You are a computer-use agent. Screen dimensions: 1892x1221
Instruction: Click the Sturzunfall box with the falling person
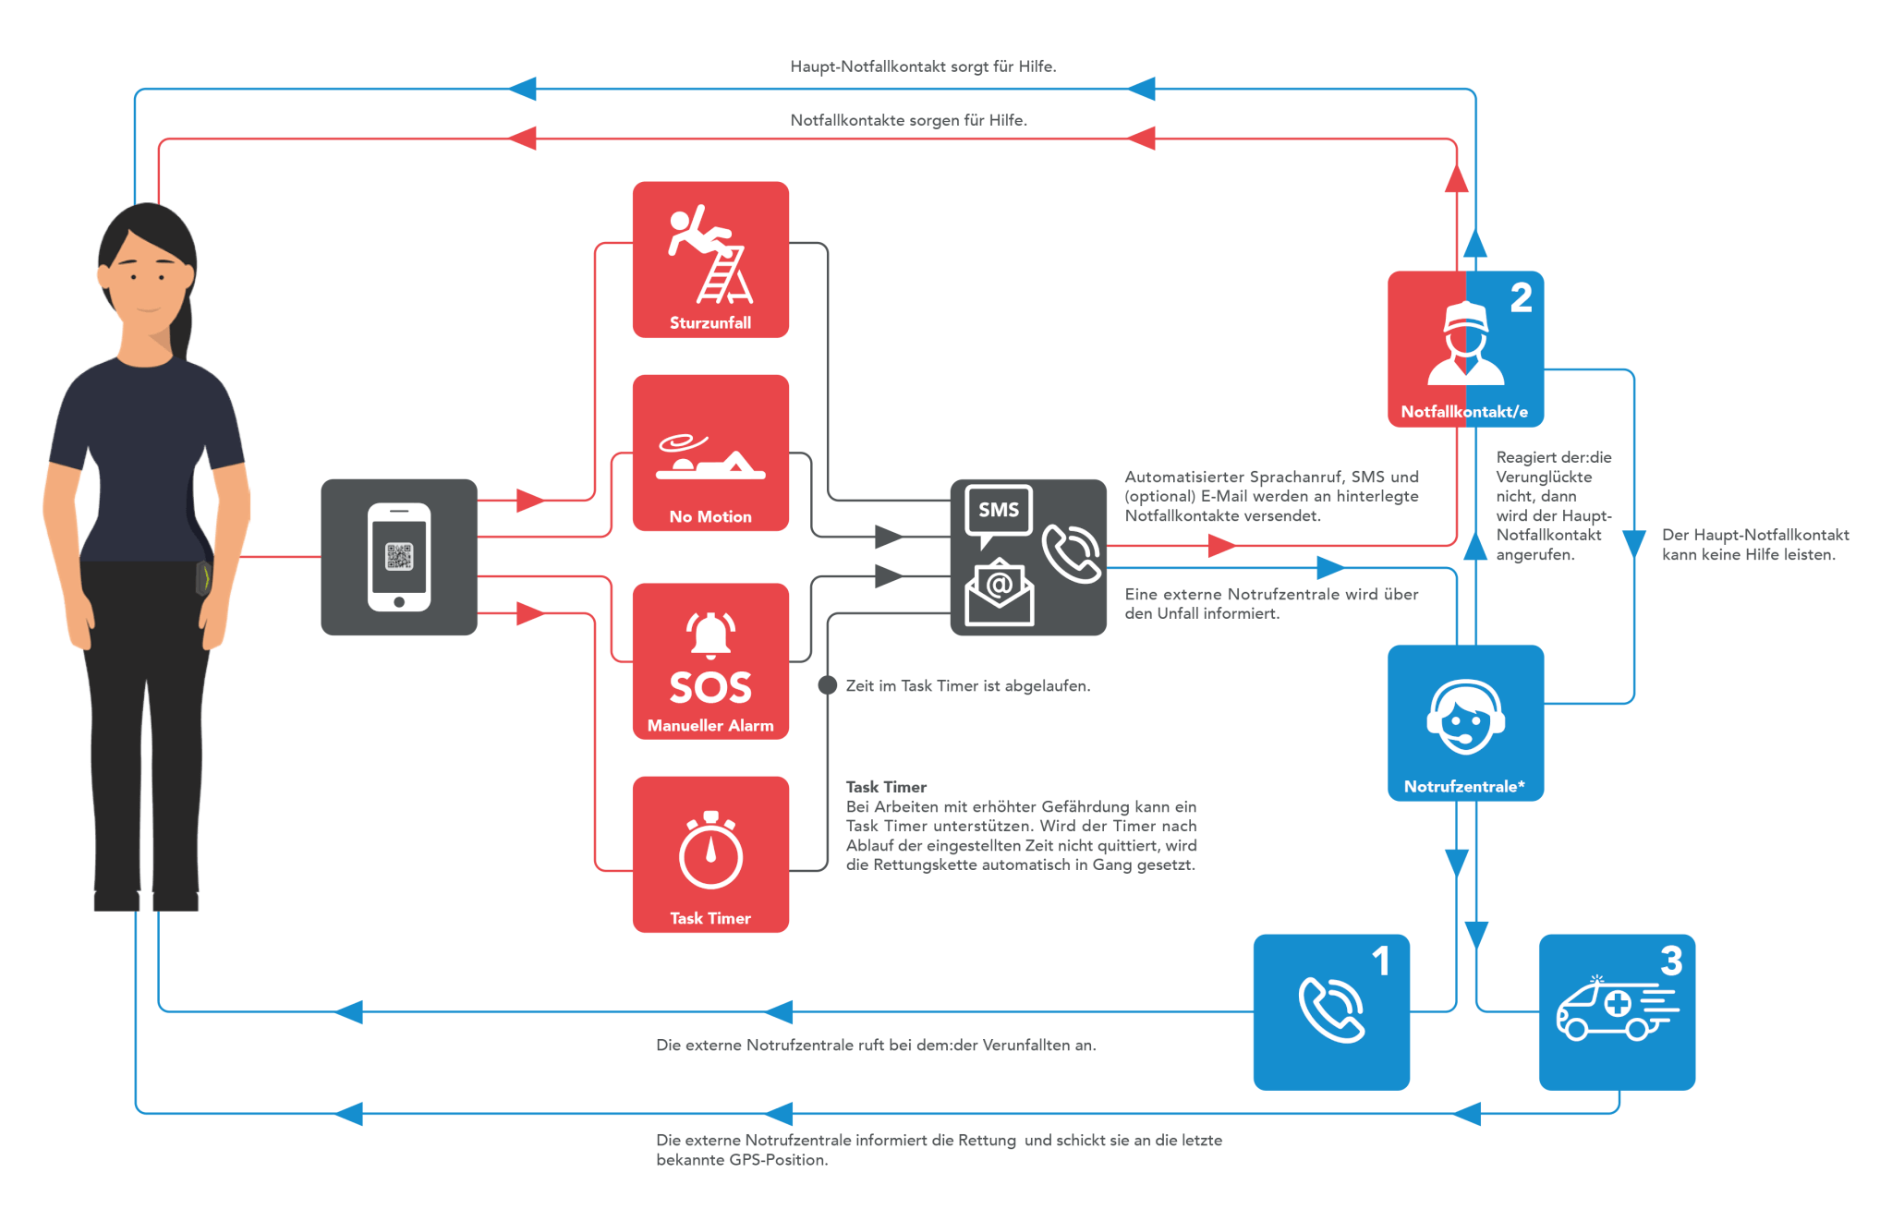coord(710,260)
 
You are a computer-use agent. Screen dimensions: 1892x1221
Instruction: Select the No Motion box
coord(710,453)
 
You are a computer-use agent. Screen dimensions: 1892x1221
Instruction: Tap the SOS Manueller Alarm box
coord(710,661)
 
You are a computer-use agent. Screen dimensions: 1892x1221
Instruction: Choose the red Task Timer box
coord(710,854)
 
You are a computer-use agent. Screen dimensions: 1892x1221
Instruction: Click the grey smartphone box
coord(399,557)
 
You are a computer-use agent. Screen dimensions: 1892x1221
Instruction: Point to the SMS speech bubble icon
coord(999,514)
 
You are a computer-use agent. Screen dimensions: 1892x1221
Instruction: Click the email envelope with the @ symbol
coord(999,592)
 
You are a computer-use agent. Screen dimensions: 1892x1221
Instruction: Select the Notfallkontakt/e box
coord(1465,349)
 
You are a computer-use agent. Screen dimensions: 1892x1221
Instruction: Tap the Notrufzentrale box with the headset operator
coord(1465,723)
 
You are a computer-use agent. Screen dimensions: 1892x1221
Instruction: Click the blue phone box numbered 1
coord(1331,1012)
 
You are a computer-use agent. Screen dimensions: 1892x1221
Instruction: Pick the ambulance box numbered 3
coord(1617,1012)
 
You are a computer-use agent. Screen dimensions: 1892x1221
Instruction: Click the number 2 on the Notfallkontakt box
coord(1522,297)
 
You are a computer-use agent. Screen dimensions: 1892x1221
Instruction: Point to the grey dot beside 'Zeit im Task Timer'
coord(828,685)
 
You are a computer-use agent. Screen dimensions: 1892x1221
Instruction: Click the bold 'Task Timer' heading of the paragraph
coord(886,787)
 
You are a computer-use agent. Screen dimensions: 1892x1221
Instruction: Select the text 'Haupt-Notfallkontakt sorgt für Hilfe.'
coord(923,66)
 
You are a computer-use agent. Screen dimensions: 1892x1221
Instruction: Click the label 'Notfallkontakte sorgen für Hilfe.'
coord(908,120)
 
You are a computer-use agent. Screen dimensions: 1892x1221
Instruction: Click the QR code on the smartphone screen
coord(399,557)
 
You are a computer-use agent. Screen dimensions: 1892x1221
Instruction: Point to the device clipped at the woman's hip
coord(204,577)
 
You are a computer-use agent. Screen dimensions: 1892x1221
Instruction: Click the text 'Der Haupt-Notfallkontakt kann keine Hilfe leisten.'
coord(1755,545)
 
